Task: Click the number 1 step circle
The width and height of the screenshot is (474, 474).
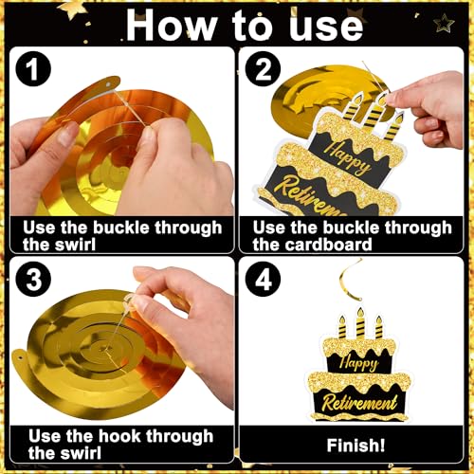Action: [33, 69]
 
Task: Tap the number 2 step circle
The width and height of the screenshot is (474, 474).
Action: [263, 69]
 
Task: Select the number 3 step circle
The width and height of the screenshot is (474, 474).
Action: [33, 279]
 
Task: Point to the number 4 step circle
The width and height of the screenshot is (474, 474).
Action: [263, 279]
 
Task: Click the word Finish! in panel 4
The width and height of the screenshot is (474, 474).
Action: [355, 446]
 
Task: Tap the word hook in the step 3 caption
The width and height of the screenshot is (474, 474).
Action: [119, 436]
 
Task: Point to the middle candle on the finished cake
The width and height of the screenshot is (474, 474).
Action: [360, 323]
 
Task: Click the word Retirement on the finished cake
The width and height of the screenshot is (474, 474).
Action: [359, 403]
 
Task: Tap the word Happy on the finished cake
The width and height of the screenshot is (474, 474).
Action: [359, 363]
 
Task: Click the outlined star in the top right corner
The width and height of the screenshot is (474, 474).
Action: [444, 23]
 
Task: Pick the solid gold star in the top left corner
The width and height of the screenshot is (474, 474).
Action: [73, 9]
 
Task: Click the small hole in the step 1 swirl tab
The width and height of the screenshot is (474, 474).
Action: [108, 85]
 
